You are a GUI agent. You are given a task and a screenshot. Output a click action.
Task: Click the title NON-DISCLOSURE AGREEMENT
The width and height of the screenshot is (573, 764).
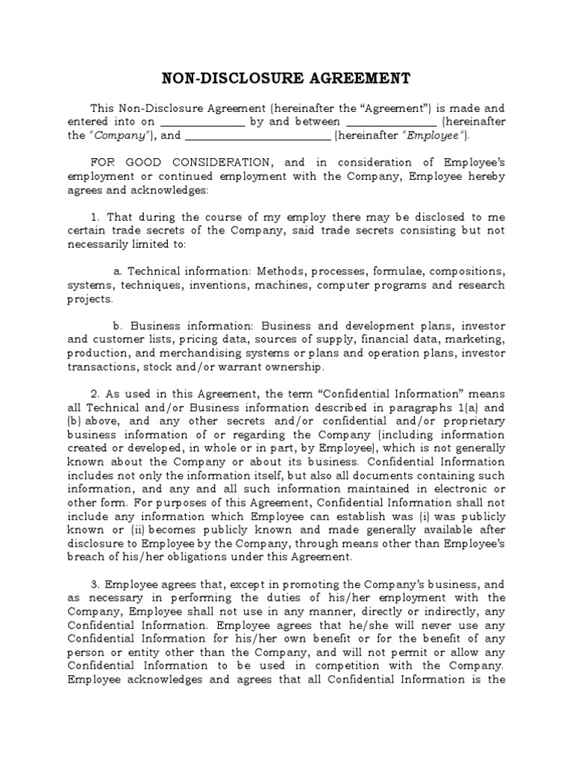pos(286,79)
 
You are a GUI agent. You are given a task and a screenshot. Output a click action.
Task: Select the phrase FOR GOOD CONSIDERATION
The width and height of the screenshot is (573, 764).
pos(183,162)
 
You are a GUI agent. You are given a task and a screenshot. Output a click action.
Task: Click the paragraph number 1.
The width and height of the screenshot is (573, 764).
pos(93,216)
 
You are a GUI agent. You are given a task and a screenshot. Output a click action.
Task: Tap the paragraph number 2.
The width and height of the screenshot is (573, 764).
pos(93,393)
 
